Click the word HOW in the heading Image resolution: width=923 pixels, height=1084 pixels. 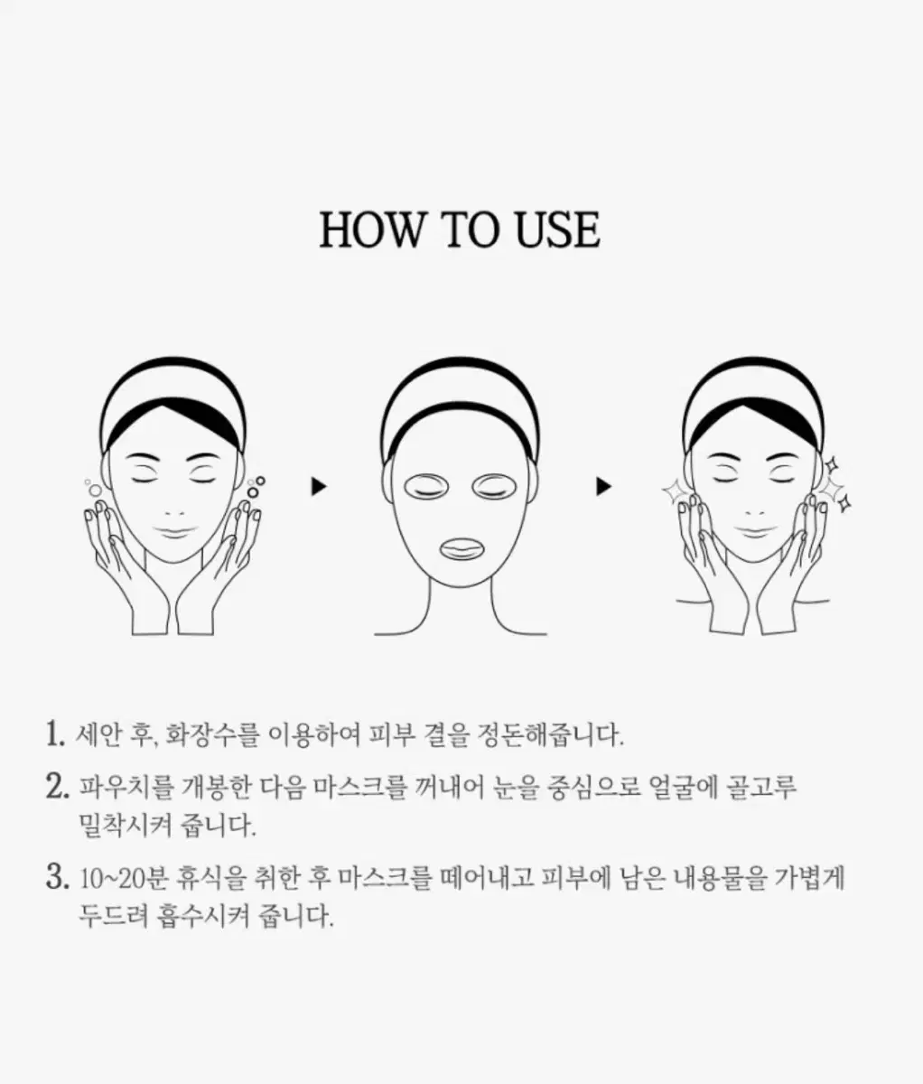pos(371,229)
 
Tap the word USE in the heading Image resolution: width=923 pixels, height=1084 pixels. pos(558,229)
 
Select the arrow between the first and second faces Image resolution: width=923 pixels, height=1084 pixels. pos(319,486)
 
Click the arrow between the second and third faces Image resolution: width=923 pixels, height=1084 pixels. pos(604,486)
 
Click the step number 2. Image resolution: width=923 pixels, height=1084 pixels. pos(57,787)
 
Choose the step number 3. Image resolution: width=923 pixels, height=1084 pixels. pos(57,876)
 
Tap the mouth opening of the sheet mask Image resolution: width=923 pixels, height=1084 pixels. pos(461,548)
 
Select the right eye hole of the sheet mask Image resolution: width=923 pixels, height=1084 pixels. pos(495,487)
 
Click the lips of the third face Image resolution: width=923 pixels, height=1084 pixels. pos(756,533)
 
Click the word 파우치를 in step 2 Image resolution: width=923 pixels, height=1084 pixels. pos(126,788)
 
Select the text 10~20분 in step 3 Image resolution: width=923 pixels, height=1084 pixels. pos(123,877)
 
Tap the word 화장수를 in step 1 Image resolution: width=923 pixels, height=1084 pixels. pos(212,734)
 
